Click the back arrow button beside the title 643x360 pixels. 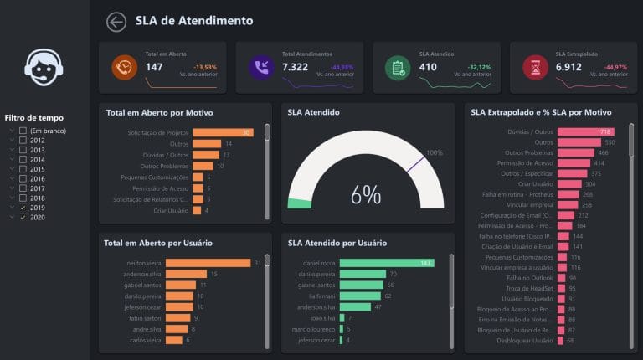116,23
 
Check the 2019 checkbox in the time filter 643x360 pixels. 23,207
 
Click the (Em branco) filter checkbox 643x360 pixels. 23,131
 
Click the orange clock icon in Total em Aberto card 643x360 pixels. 124,68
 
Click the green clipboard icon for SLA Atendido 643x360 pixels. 398,68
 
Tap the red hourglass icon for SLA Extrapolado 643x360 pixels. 534,68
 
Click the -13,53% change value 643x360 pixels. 204,66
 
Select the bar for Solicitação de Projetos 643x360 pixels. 223,132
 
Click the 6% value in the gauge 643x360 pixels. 365,194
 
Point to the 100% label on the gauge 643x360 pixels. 434,152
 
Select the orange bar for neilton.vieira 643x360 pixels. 208,263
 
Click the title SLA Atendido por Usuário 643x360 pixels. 337,243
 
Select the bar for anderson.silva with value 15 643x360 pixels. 186,274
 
